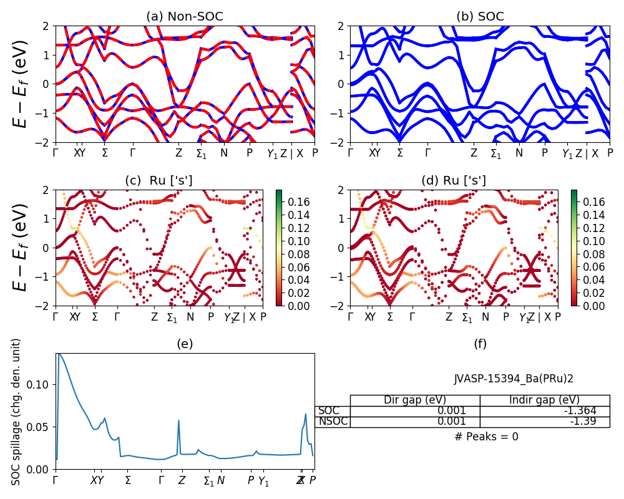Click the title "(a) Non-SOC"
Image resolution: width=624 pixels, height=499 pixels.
pos(185,17)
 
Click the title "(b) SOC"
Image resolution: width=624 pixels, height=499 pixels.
pos(480,17)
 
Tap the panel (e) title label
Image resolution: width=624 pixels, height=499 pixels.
pos(185,344)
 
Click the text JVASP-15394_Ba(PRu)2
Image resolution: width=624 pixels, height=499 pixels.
pos(514,378)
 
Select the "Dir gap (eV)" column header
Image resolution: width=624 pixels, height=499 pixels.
pos(415,400)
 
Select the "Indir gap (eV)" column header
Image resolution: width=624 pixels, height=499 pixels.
pos(545,400)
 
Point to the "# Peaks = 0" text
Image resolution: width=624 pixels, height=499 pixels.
pos(487,437)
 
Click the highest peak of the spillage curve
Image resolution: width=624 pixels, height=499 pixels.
pos(59,354)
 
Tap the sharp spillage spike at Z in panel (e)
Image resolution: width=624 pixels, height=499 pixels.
pos(179,420)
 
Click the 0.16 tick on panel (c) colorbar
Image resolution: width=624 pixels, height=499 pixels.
pos(291,202)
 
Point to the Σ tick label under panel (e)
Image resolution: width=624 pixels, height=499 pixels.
pos(128,480)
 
